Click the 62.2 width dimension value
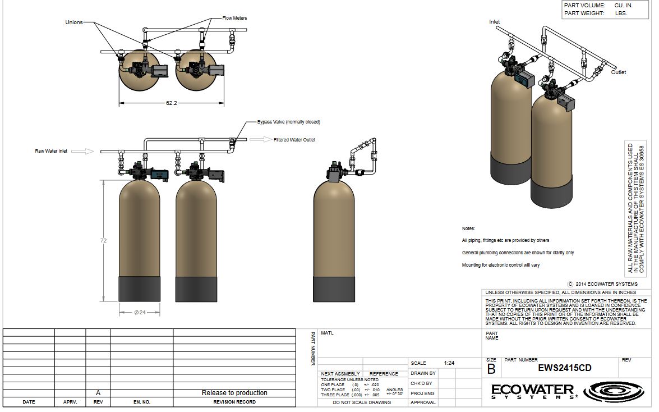pos(172,103)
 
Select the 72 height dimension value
pos(103,241)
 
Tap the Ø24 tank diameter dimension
pos(140,313)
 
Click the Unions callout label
pos(74,22)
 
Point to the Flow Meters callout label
pos(234,18)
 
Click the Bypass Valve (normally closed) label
pos(289,122)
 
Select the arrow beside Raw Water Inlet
pos(82,151)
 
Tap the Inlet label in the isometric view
pos(495,22)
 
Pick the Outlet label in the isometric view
pos(619,72)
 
